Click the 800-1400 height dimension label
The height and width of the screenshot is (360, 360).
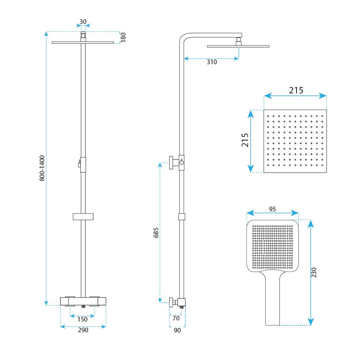tap(42, 168)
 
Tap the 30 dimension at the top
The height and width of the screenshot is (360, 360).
tap(83, 22)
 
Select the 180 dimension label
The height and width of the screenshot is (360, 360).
tap(123, 37)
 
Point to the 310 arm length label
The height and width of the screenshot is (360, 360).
tap(212, 62)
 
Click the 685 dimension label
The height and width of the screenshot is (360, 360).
tap(156, 233)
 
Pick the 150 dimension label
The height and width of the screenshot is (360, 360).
tap(82, 319)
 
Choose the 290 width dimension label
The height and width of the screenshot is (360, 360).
tap(83, 330)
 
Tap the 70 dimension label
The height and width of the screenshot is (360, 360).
tap(176, 318)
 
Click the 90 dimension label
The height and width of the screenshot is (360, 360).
tap(177, 330)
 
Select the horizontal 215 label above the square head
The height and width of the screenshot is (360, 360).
tap(296, 90)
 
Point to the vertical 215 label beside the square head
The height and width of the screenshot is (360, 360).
tap(245, 140)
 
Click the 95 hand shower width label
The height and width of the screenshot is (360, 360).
tap(272, 209)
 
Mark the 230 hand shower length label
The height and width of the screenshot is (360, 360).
tap(314, 272)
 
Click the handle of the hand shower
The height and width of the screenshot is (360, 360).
tap(273, 298)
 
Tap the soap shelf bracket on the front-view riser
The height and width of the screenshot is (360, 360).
tap(83, 216)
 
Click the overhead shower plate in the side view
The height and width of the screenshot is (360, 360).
tap(238, 46)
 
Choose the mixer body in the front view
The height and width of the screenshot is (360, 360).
tap(83, 301)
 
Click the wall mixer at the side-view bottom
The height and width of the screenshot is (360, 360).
tap(177, 302)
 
